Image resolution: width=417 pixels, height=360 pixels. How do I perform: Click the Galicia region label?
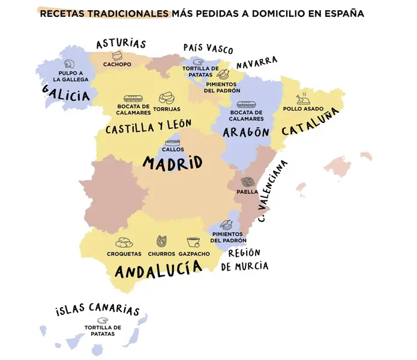pyautogui.click(x=65, y=93)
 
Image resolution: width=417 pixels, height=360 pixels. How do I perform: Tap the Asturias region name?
pyautogui.click(x=121, y=44)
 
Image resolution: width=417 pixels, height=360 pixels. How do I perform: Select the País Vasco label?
pyautogui.click(x=208, y=48)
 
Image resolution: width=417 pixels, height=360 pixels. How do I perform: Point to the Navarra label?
pyautogui.click(x=256, y=62)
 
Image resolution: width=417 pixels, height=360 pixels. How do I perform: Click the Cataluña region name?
pyautogui.click(x=306, y=128)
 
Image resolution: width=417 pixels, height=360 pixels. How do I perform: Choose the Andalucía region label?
pyautogui.click(x=158, y=271)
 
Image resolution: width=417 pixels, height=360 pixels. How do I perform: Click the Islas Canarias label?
pyautogui.click(x=97, y=308)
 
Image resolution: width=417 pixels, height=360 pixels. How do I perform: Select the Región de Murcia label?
pyautogui.click(x=244, y=260)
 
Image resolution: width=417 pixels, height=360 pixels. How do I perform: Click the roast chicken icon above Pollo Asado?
pyautogui.click(x=304, y=99)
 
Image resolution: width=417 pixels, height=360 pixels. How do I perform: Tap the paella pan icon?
pyautogui.click(x=246, y=182)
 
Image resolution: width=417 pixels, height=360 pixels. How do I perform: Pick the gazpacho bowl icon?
pyautogui.click(x=193, y=242)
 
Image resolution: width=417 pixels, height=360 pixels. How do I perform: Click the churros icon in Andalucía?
pyautogui.click(x=160, y=242)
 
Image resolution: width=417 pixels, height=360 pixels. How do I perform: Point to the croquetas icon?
pyautogui.click(x=124, y=242)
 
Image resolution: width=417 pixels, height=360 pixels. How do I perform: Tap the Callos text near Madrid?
pyautogui.click(x=173, y=149)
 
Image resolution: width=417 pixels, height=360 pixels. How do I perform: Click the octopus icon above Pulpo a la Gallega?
pyautogui.click(x=70, y=64)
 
